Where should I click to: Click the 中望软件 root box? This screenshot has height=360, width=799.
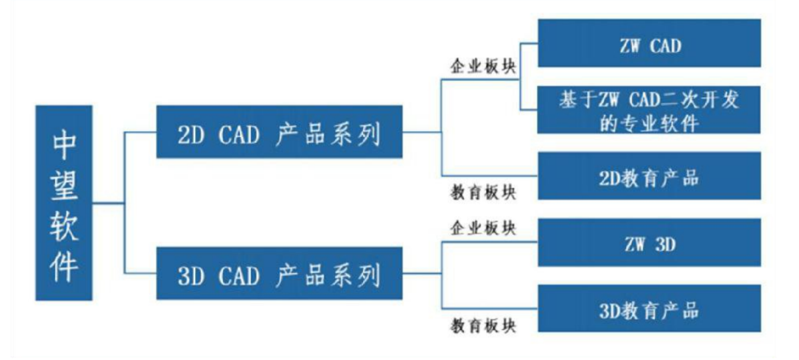(64, 203)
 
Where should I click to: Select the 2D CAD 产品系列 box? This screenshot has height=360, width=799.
(279, 132)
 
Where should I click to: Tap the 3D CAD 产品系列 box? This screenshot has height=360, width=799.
(279, 273)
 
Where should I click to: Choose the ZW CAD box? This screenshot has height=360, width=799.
(649, 43)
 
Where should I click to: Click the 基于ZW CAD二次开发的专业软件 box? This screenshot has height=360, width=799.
(649, 110)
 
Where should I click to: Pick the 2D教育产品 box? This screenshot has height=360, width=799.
(649, 176)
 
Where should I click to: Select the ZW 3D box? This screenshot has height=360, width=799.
(649, 242)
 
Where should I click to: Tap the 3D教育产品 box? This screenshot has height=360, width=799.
(649, 308)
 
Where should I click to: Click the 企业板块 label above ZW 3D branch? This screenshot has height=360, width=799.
(483, 228)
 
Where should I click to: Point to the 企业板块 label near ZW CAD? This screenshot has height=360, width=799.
(483, 66)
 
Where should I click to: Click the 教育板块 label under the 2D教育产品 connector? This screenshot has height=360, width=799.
(483, 192)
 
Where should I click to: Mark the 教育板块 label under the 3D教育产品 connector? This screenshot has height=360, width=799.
(483, 325)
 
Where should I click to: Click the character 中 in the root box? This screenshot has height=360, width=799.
(64, 144)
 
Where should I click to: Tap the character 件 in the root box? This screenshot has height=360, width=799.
(64, 266)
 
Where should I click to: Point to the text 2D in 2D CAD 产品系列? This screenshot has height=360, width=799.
(191, 134)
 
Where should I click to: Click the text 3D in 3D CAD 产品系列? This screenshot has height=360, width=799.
(191, 276)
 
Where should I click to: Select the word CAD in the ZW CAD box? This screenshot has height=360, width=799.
(666, 46)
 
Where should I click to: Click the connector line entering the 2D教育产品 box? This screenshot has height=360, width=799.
(490, 176)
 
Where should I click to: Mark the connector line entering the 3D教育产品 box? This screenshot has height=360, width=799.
(490, 308)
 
